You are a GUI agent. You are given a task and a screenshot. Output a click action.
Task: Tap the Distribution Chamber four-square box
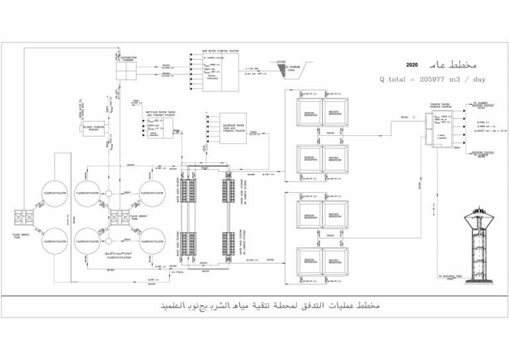(x=125, y=69)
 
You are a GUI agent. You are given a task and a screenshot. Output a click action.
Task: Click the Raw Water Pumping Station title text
(x=220, y=51)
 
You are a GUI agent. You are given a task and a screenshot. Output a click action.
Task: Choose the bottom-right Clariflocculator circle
(x=152, y=241)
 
